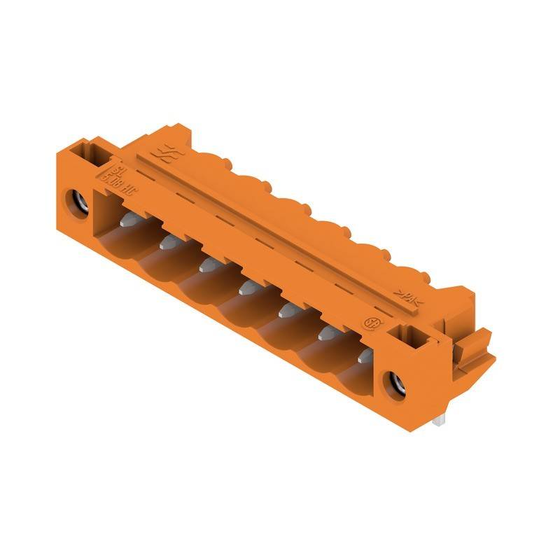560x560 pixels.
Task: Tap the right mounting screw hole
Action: click(x=390, y=383)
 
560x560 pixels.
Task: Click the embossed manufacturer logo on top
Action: click(x=167, y=153)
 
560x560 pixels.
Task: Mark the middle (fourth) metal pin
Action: click(x=245, y=286)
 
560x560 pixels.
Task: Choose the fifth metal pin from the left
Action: click(x=285, y=310)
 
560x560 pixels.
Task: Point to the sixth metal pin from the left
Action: click(x=325, y=334)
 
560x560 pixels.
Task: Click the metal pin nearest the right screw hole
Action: click(x=364, y=356)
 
